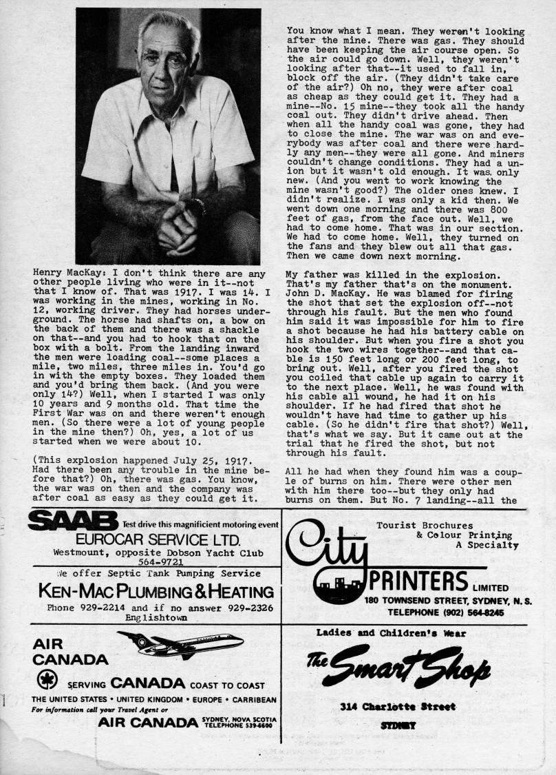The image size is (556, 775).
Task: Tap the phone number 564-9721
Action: (x=156, y=562)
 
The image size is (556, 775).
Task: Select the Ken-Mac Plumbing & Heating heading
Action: (x=156, y=592)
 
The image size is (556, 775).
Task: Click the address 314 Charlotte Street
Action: (x=397, y=706)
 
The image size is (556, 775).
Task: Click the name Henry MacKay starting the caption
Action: (x=65, y=273)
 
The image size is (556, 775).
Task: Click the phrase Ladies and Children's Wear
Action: (x=391, y=633)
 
